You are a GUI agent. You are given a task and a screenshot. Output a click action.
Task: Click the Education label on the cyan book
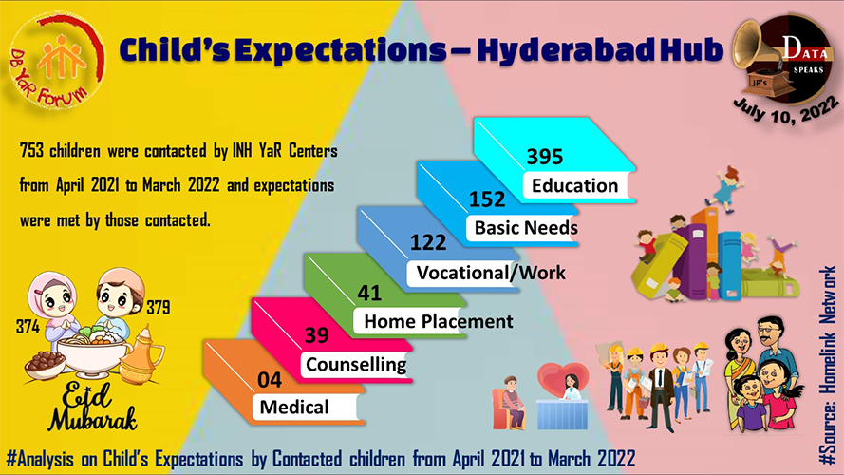[575, 186]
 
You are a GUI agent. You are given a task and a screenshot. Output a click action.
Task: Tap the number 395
[545, 157]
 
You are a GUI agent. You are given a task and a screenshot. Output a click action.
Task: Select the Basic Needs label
[526, 228]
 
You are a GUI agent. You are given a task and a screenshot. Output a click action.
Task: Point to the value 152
[487, 199]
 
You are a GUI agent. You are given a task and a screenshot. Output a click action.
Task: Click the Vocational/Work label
[491, 273]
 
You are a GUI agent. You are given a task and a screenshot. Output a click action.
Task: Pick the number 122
[428, 242]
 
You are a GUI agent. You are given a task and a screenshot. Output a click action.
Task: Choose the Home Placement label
[439, 321]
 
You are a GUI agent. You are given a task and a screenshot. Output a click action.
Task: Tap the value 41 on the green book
[369, 293]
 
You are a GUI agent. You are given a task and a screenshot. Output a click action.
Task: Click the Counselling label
[356, 365]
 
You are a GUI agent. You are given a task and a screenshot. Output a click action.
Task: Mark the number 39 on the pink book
[316, 335]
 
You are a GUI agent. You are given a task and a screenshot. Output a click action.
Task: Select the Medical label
[294, 408]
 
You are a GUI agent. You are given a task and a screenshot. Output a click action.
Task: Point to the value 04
[269, 380]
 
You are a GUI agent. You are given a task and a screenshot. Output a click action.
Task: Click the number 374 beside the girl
[28, 327]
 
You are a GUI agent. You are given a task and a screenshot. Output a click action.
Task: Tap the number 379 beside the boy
[159, 308]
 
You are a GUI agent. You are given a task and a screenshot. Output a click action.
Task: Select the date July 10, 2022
[786, 110]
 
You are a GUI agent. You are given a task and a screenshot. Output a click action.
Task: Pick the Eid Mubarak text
[91, 408]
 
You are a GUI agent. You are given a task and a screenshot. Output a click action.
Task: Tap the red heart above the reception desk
[563, 376]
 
